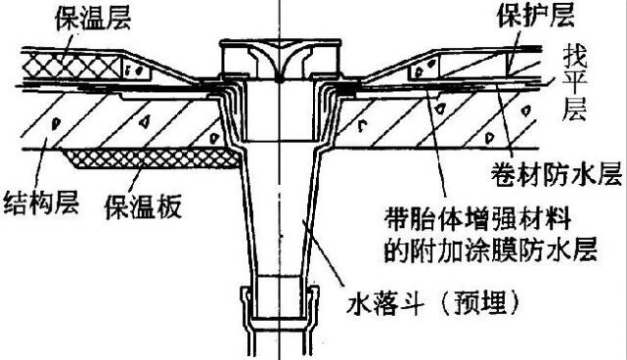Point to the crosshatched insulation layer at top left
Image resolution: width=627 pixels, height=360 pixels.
tap(73, 65)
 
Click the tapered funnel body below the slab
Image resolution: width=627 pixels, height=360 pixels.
tap(279, 225)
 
